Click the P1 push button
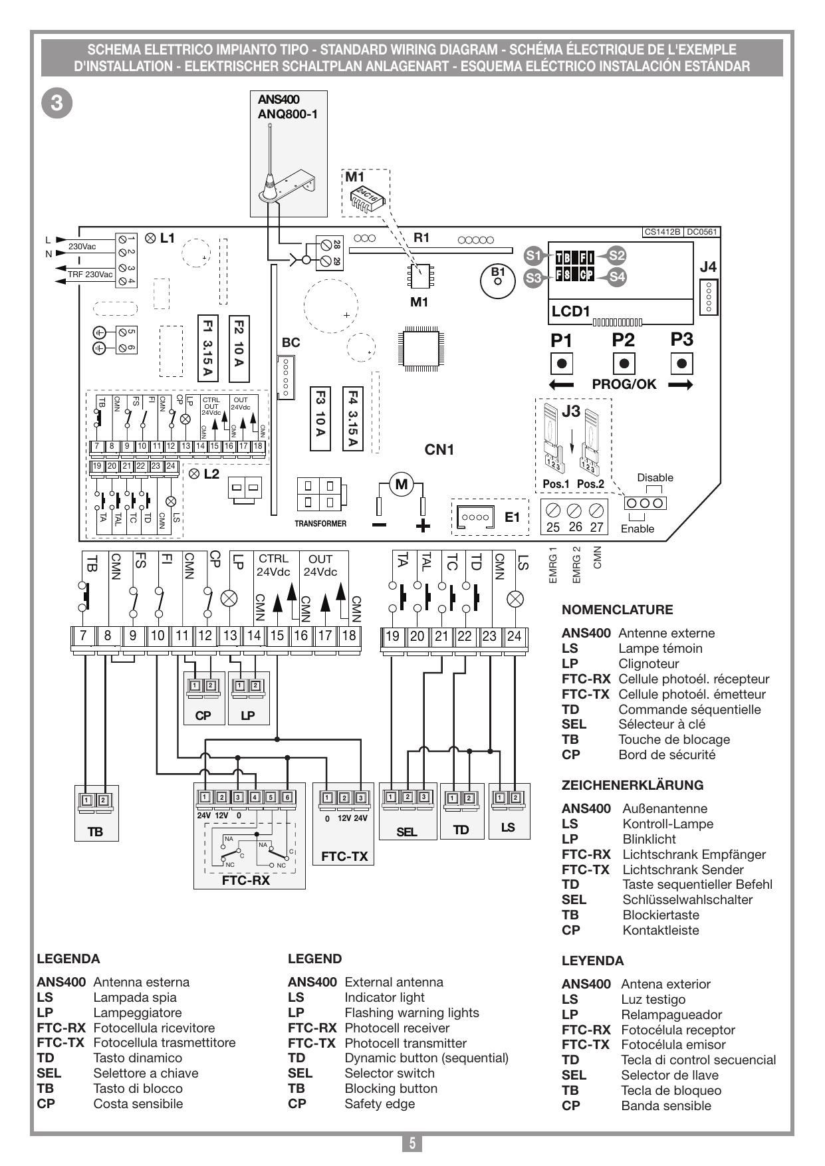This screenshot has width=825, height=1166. click(562, 364)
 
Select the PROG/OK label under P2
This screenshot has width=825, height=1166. click(624, 384)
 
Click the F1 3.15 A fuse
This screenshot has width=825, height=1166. click(208, 348)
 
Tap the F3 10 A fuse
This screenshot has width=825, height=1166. click(320, 419)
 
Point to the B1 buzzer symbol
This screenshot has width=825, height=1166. click(497, 279)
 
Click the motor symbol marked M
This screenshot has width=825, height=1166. click(401, 484)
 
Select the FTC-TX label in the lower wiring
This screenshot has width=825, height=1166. click(344, 857)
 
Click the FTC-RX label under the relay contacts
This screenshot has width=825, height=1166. click(246, 881)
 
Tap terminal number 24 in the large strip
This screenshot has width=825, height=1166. click(514, 636)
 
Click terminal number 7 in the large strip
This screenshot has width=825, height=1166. click(83, 636)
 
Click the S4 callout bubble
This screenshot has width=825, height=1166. click(618, 277)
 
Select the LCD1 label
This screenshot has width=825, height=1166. click(571, 311)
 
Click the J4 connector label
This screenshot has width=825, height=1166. click(709, 267)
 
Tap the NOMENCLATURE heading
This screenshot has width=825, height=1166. click(618, 610)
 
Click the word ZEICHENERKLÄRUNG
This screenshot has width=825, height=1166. click(632, 784)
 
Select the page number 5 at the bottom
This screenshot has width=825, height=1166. click(412, 1143)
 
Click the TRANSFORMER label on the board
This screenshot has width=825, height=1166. click(320, 524)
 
